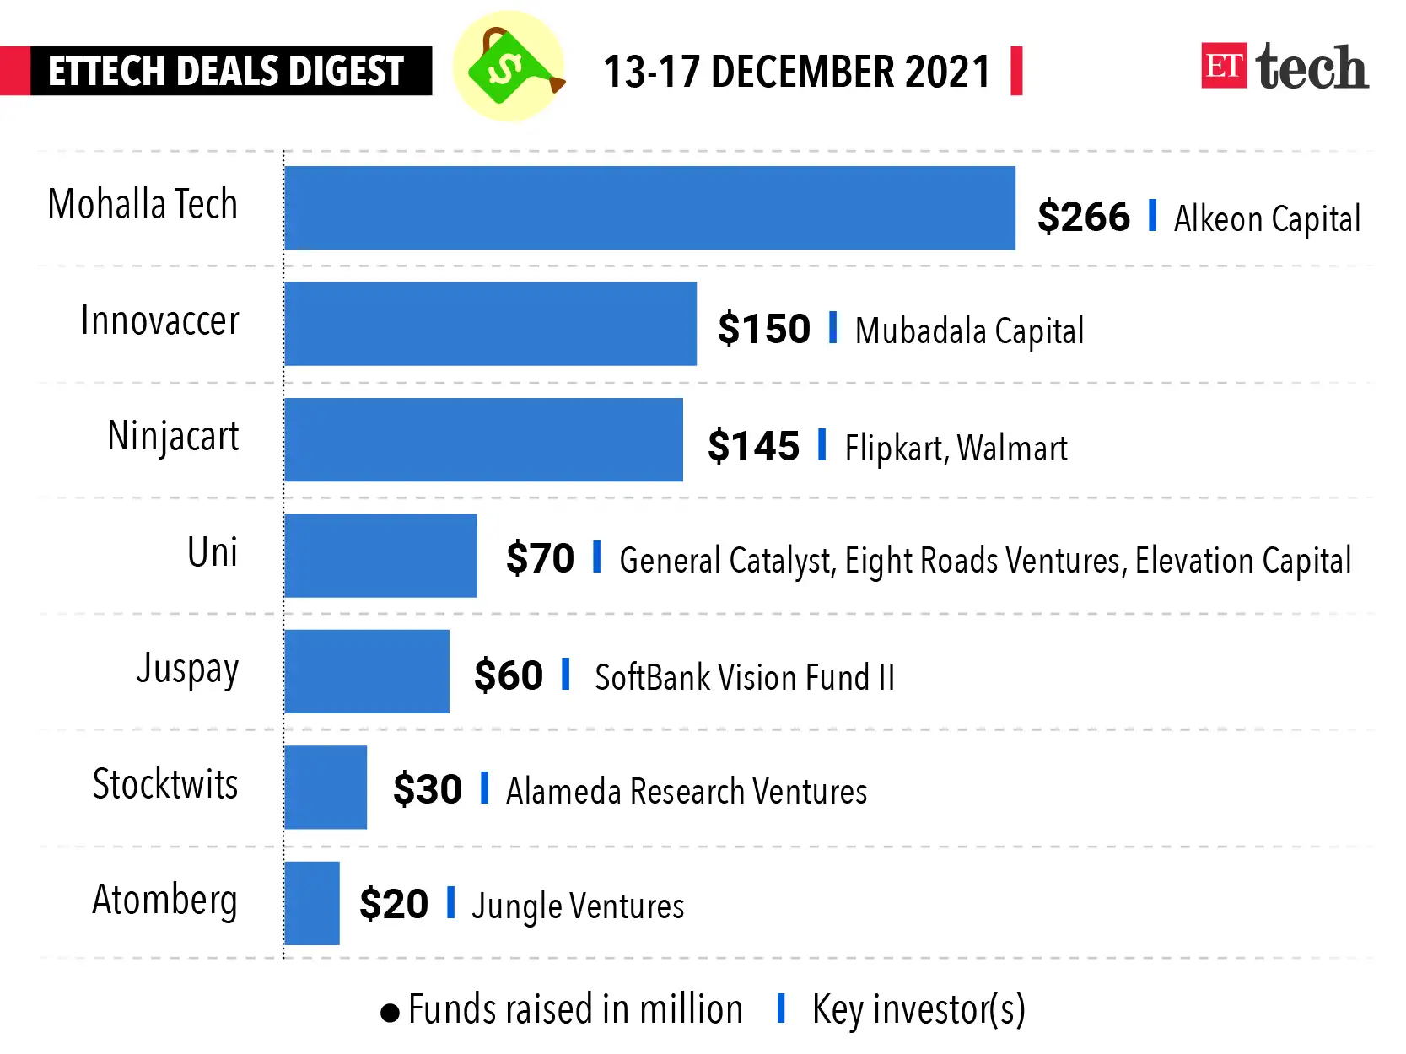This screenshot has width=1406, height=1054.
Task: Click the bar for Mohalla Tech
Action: (x=649, y=207)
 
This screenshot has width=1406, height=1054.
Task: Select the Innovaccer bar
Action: (x=490, y=324)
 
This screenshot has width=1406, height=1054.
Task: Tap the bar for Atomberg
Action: (x=311, y=903)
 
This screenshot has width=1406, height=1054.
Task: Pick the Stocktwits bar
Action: (x=325, y=787)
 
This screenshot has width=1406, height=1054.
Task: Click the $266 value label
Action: (x=1083, y=218)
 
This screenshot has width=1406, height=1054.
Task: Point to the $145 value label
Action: (x=753, y=446)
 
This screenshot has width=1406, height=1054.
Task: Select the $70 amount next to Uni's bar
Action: (x=540, y=559)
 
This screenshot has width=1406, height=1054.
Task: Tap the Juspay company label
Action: (x=187, y=670)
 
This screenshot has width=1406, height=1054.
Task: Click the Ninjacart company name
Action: (x=173, y=437)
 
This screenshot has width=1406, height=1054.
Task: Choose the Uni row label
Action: (x=212, y=552)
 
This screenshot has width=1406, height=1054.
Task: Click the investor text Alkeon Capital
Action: (x=1267, y=219)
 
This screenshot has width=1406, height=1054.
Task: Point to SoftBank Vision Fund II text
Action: (x=744, y=677)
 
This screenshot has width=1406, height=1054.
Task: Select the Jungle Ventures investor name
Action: (x=578, y=906)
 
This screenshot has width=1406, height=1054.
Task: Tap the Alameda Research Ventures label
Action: (x=686, y=792)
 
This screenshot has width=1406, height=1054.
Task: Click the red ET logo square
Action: (x=1223, y=66)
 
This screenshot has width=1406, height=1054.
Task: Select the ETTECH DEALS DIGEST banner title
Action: (x=226, y=71)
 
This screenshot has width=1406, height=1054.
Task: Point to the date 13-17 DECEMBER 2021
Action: (x=796, y=72)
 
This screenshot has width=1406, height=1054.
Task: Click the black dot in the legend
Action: (x=390, y=1012)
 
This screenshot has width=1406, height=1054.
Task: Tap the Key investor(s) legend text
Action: (x=918, y=1009)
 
